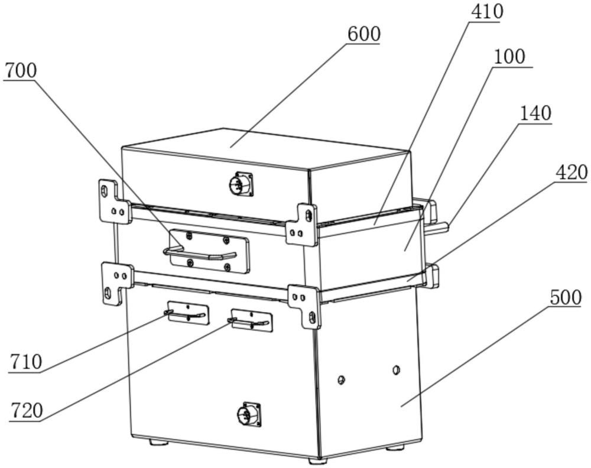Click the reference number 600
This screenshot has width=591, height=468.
[363, 34]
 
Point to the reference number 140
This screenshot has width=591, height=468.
[535, 113]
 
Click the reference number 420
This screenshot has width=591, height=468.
[571, 172]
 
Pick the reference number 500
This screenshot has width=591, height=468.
[566, 297]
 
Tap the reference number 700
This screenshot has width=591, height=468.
[21, 70]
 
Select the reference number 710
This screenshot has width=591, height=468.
[25, 361]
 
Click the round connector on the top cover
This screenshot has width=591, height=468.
[239, 184]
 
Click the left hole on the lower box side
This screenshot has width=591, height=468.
[341, 379]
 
